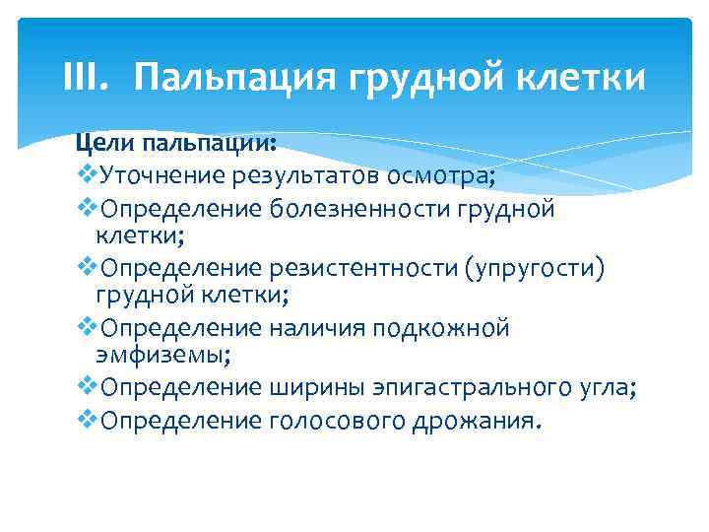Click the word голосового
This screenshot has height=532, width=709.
point(328,422)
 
